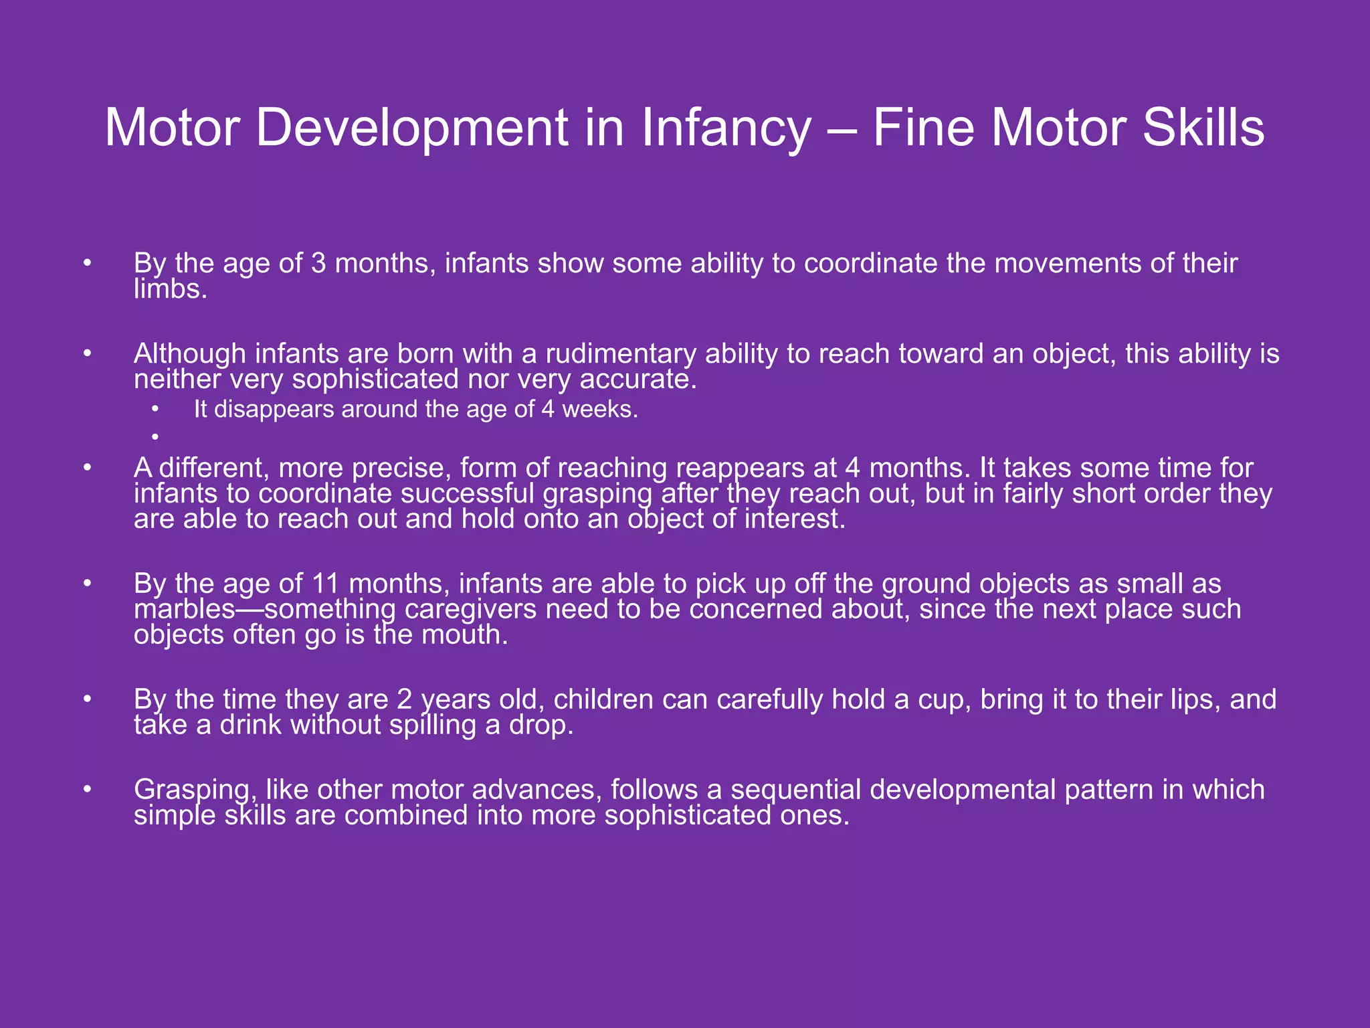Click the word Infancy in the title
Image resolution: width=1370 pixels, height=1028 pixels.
pyautogui.click(x=726, y=128)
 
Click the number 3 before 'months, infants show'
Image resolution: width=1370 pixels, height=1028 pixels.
pyautogui.click(x=318, y=264)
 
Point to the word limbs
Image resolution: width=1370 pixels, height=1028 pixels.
pyautogui.click(x=169, y=289)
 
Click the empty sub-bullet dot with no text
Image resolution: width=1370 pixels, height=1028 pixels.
pyautogui.click(x=155, y=437)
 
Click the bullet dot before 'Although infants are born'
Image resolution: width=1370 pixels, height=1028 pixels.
pyautogui.click(x=87, y=353)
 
